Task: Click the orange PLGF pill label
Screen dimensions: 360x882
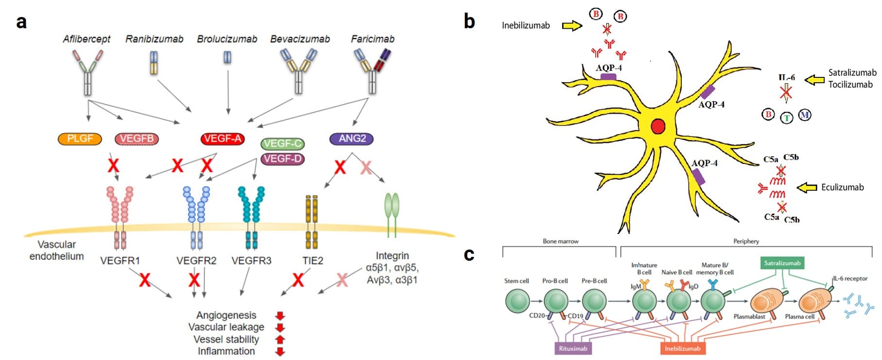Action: pos(80,139)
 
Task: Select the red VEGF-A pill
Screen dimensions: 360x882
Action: pos(222,139)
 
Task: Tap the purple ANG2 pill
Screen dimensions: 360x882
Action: pos(352,139)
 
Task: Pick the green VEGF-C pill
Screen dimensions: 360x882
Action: pos(282,144)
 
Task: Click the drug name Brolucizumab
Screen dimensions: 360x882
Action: pos(227,39)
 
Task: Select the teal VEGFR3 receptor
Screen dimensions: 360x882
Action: pos(251,216)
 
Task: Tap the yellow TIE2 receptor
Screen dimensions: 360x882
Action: pos(312,221)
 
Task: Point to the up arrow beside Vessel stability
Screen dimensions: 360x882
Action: pos(280,339)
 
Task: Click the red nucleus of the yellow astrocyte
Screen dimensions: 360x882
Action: pos(658,126)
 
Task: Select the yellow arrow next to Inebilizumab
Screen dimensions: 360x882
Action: pos(572,25)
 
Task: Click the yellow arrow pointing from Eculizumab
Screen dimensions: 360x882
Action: pos(807,187)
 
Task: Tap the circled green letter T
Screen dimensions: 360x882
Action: pos(787,118)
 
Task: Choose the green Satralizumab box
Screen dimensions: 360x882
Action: pos(782,263)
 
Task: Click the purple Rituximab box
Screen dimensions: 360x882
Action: pos(573,348)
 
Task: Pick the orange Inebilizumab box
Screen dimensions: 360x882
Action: pos(683,348)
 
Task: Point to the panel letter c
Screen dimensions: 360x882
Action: pos(469,254)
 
